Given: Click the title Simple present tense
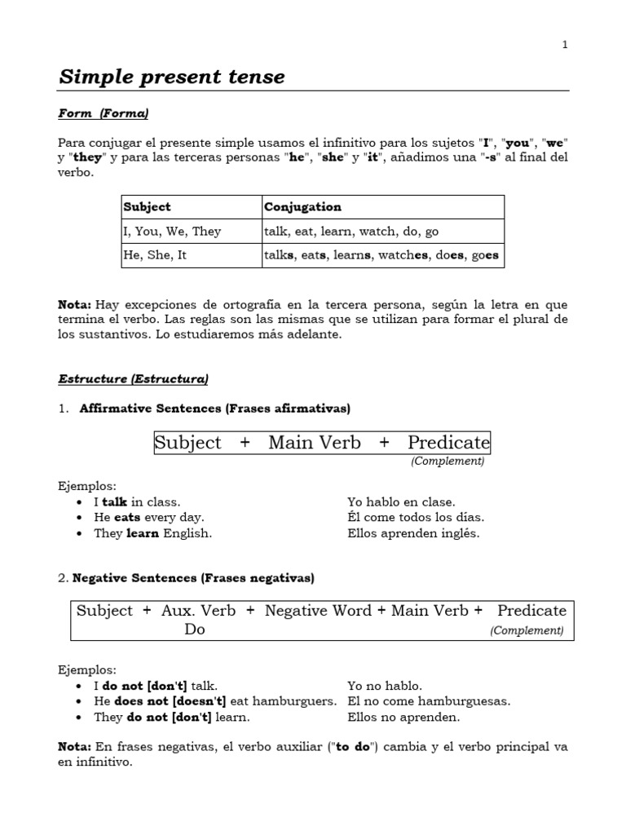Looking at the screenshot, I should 172,77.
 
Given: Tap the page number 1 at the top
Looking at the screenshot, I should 564,45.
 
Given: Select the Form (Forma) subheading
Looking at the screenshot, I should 103,113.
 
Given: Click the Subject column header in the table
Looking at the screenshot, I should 147,207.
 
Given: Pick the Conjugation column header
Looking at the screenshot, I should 302,207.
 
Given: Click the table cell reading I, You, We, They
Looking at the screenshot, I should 173,231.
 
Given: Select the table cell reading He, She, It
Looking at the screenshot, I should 156,254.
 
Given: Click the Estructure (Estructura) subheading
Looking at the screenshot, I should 133,379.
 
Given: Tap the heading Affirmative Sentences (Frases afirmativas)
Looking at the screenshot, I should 215,408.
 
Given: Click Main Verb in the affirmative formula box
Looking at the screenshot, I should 314,443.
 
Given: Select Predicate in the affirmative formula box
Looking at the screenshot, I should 448,443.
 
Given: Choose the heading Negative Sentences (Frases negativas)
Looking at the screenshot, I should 193,578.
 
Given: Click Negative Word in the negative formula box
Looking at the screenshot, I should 318,611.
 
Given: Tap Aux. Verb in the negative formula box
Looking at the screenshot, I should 198,611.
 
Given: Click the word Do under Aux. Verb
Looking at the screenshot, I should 195,630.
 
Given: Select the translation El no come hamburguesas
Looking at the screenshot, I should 429,701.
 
